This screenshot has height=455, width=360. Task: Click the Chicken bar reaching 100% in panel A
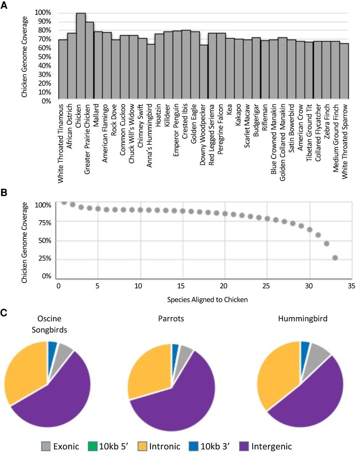point(81,56)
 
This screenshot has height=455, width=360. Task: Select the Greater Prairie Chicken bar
point(90,60)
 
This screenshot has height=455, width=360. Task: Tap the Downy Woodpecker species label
point(203,134)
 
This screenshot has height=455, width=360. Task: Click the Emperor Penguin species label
point(176,130)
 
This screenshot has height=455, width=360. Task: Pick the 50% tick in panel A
point(45,57)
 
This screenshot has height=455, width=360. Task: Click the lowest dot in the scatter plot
point(335,258)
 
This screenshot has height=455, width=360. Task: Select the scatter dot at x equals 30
point(309,229)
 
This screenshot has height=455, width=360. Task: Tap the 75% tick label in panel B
point(45,223)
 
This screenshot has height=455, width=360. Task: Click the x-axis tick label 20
point(223,286)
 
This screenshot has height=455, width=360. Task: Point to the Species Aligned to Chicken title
point(207,300)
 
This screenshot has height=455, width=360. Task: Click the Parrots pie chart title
point(171,318)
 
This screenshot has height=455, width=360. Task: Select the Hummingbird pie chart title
point(303,318)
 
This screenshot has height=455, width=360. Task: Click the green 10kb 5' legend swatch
point(92,446)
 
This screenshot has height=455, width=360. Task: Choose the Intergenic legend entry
point(266,446)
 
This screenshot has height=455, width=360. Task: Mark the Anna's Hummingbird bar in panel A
point(151,71)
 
